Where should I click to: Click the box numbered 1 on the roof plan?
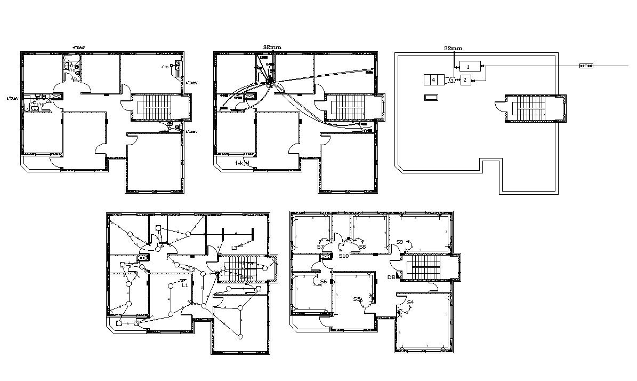point(469,67)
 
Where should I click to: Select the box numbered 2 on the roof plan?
point(465,80)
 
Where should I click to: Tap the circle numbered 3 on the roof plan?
point(452,80)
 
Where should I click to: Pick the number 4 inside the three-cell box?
point(433,80)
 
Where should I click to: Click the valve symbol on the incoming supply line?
point(586,66)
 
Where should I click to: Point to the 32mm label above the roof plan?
point(453,48)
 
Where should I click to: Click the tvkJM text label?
point(242,163)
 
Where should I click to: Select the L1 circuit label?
point(185,285)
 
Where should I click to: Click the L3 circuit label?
point(234,248)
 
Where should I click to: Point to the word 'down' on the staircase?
point(246,277)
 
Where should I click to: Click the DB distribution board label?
point(391,277)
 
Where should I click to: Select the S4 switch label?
point(410,303)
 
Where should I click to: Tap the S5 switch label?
point(357,299)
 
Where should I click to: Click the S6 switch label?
point(323,281)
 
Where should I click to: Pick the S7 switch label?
point(319,247)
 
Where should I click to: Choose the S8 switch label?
point(362,247)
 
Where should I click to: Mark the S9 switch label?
point(399,242)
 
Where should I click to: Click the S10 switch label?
point(343,256)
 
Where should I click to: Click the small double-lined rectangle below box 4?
point(431,97)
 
